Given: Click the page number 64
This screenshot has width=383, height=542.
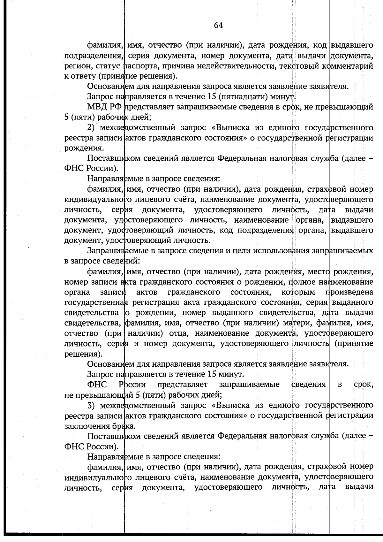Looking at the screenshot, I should [x=219, y=26].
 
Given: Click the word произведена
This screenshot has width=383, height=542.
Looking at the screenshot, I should [x=349, y=293].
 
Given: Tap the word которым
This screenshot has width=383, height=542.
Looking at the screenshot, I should [x=298, y=293].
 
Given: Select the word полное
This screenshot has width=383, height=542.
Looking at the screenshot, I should [x=303, y=282].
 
